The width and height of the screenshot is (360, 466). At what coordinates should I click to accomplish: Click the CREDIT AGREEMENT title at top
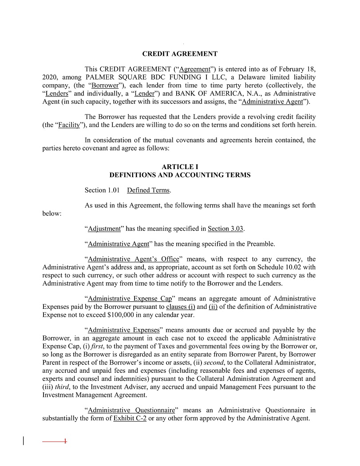[180, 54]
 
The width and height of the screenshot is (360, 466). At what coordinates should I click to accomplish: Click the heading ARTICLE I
[180, 167]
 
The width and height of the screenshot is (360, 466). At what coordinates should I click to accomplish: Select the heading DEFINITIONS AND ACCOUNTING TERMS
[180, 175]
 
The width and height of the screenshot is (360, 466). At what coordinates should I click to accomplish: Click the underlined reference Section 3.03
[225, 229]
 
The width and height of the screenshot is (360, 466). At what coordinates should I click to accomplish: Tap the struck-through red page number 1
[65, 441]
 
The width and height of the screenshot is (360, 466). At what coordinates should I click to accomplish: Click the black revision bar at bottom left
[23, 441]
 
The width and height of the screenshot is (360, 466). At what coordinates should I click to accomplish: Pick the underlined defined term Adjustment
[104, 229]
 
